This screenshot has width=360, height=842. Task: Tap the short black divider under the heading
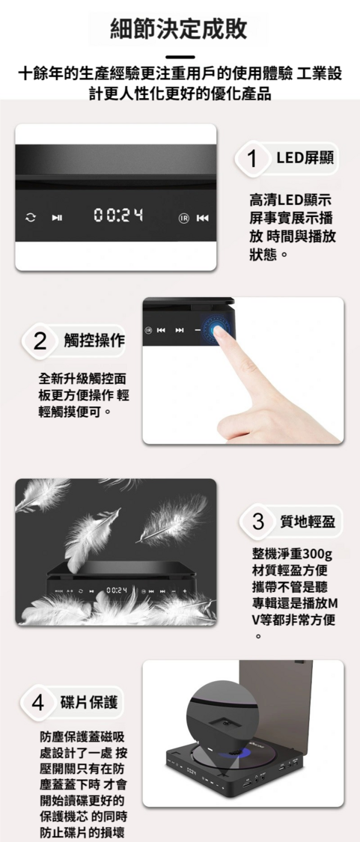tap(180, 56)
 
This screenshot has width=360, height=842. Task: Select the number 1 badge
tap(251, 159)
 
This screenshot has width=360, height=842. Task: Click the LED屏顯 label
tap(305, 158)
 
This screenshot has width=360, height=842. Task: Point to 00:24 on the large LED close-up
tap(119, 216)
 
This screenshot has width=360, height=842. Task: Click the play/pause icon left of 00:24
tap(57, 218)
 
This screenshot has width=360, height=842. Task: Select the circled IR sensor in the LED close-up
tap(184, 218)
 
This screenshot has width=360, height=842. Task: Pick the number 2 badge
tap(39, 341)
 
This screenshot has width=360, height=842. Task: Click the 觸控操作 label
tap(94, 341)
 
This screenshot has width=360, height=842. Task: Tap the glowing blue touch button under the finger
tap(219, 329)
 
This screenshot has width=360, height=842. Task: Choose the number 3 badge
tap(258, 522)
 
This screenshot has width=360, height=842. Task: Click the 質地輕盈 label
tap(308, 522)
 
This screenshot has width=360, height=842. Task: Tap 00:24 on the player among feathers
tap(117, 591)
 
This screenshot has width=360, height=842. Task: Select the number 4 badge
tap(37, 703)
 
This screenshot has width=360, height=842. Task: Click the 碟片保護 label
tap(89, 702)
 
